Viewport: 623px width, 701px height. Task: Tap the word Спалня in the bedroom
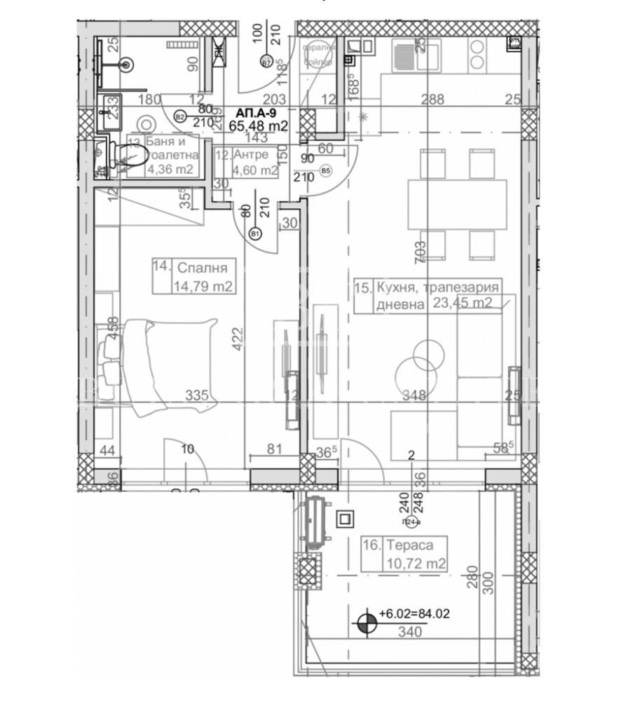pos(203,267)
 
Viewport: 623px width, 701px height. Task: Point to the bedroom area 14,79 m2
pos(203,285)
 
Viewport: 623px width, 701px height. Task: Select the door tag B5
pos(325,170)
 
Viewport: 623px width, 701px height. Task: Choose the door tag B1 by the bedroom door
pos(254,234)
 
